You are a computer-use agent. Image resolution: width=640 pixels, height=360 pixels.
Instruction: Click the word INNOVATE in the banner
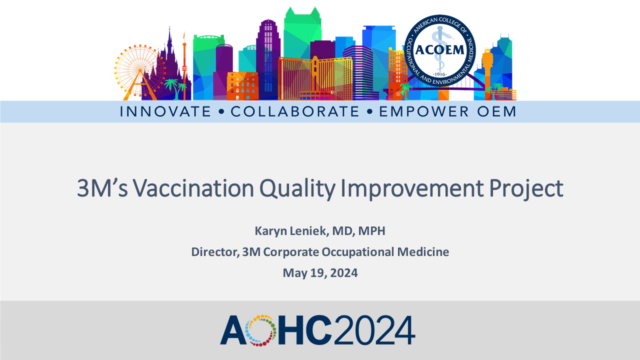pos(165,111)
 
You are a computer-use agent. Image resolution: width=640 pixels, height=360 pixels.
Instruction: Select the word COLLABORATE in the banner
pos(294,111)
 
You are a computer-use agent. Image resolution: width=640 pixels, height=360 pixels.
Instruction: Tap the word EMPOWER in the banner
pos(423,111)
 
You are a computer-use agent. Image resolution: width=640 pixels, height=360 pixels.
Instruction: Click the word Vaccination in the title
pos(193,188)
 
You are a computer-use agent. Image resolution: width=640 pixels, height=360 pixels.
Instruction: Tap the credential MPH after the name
pos(371,231)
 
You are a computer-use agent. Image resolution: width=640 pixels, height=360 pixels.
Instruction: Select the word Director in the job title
pos(215,252)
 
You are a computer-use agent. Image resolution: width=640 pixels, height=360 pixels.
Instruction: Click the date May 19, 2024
pos(320,273)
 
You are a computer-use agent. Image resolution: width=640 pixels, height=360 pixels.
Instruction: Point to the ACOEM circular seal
pos(440,50)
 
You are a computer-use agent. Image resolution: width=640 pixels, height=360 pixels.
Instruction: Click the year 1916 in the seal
pos(440,74)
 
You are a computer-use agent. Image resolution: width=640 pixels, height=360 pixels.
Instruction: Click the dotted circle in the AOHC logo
pos(260,330)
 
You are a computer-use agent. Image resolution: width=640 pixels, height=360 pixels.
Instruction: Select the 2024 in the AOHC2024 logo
pos(374,330)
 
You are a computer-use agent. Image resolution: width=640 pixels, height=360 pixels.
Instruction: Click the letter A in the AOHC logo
pos(233,330)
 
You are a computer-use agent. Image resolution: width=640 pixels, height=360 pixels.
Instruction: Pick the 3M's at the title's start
pos(102,188)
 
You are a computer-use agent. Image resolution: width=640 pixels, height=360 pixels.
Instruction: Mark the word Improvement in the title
pos(412,189)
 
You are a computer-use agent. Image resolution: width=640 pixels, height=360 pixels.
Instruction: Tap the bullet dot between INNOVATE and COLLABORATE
pos(221,111)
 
